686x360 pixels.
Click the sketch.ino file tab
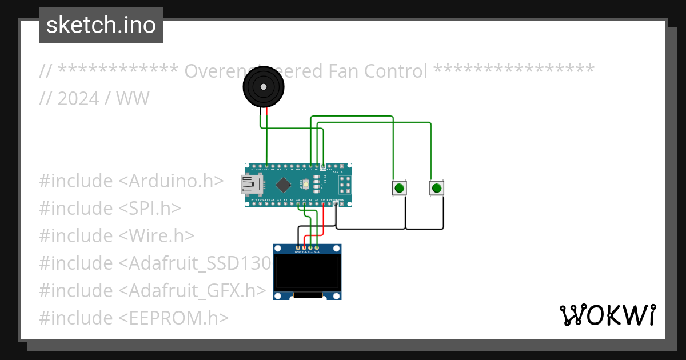click(x=101, y=25)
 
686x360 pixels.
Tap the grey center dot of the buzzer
click(x=263, y=87)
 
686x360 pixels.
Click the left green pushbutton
click(x=400, y=188)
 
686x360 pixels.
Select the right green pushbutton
click(x=437, y=188)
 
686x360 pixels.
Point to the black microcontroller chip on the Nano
click(x=283, y=185)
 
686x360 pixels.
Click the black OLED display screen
click(x=307, y=273)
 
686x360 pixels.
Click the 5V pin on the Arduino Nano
click(x=324, y=203)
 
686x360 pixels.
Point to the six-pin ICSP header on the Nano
click(x=345, y=185)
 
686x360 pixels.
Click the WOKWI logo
click(x=607, y=315)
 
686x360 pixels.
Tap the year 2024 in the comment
click(x=78, y=98)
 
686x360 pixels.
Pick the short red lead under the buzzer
click(x=266, y=112)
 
